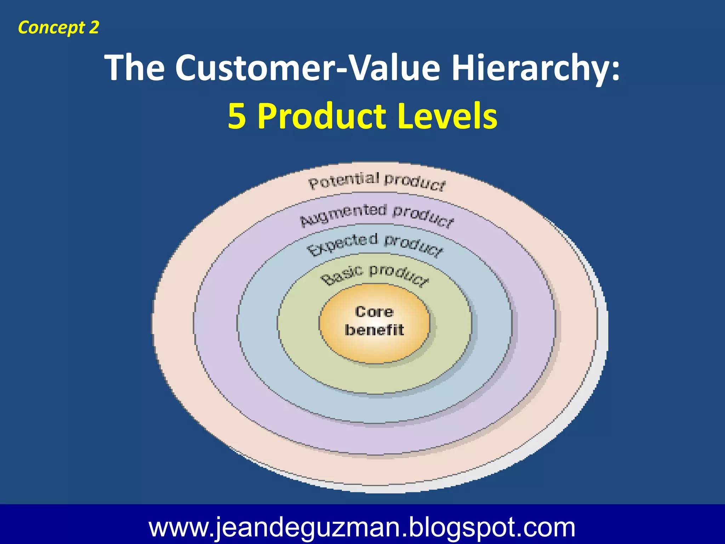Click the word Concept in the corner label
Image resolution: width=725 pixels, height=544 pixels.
point(51,28)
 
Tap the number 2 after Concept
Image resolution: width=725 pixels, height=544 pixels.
point(93,27)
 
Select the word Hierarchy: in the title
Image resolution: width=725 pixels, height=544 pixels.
point(536,68)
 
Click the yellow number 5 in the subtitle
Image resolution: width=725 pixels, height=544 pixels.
point(237,116)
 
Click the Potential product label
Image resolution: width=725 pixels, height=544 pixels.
point(377,181)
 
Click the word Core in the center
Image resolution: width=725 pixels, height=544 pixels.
point(375,312)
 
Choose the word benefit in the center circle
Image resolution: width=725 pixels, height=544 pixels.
point(375,330)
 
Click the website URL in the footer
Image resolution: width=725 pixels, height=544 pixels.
point(362,527)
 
